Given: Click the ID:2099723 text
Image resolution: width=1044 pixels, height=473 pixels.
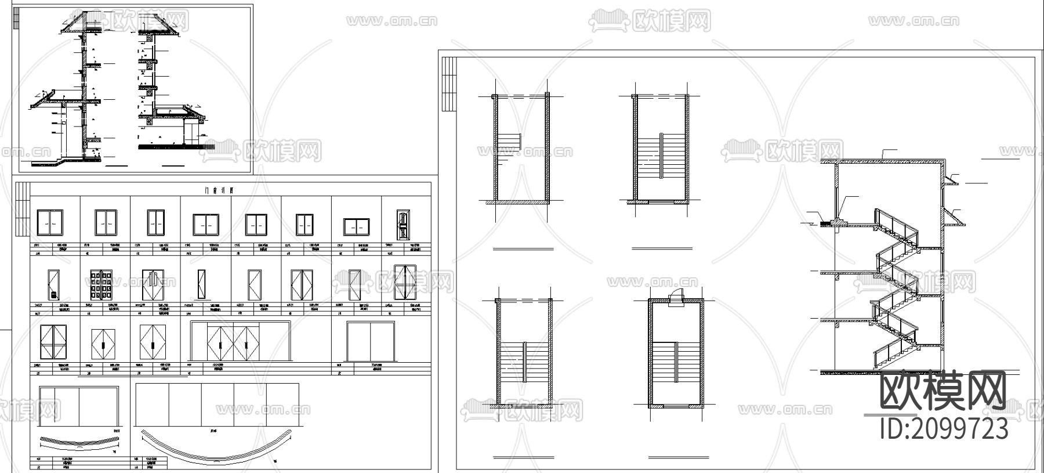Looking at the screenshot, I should pos(944,429).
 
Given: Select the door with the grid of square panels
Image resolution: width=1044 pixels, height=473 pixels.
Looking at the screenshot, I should pos(103,285).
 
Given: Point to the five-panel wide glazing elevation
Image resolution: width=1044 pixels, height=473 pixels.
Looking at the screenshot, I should pos(217,405).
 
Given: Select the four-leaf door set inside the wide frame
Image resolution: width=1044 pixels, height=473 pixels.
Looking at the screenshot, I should pos(234,342).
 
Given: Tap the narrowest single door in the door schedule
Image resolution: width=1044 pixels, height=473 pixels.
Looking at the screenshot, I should pos(201,284).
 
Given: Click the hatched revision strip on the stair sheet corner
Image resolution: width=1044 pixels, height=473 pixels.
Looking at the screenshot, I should pos(449,84).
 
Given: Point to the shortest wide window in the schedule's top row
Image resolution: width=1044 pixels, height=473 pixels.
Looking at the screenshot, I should pos(356,226).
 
